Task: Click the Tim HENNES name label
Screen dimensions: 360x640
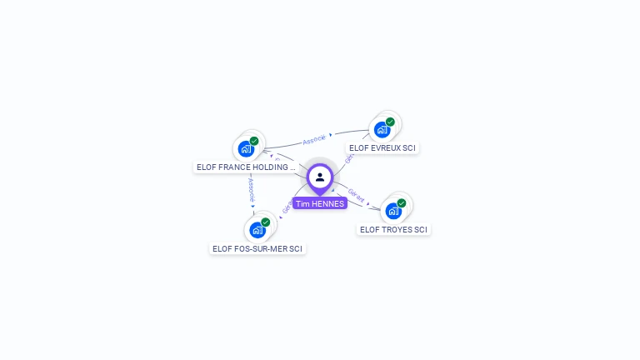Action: [320, 203]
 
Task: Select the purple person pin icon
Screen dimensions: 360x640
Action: [320, 177]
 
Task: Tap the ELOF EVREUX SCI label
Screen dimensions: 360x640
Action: [382, 148]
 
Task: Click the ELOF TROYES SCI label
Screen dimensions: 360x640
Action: [393, 229]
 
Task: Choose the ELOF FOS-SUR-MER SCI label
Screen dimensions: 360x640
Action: [257, 248]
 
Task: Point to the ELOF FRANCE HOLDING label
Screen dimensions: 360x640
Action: [245, 167]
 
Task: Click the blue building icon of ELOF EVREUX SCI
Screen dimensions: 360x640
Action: [382, 130]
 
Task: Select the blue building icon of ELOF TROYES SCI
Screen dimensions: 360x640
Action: [392, 211]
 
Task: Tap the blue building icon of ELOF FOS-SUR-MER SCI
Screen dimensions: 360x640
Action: [257, 230]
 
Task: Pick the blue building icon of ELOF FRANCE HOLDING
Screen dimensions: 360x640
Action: [245, 149]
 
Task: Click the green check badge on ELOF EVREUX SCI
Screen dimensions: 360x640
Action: [390, 122]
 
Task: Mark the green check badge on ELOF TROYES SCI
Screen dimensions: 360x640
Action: [402, 202]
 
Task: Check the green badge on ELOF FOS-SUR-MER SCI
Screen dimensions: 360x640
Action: [266, 222]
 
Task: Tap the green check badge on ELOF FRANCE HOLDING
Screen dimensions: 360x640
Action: [254, 141]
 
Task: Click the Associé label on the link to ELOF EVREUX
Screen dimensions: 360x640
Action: [314, 139]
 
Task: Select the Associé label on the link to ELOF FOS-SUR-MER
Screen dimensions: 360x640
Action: [250, 190]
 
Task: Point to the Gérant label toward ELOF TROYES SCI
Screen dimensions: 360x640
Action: [356, 196]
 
